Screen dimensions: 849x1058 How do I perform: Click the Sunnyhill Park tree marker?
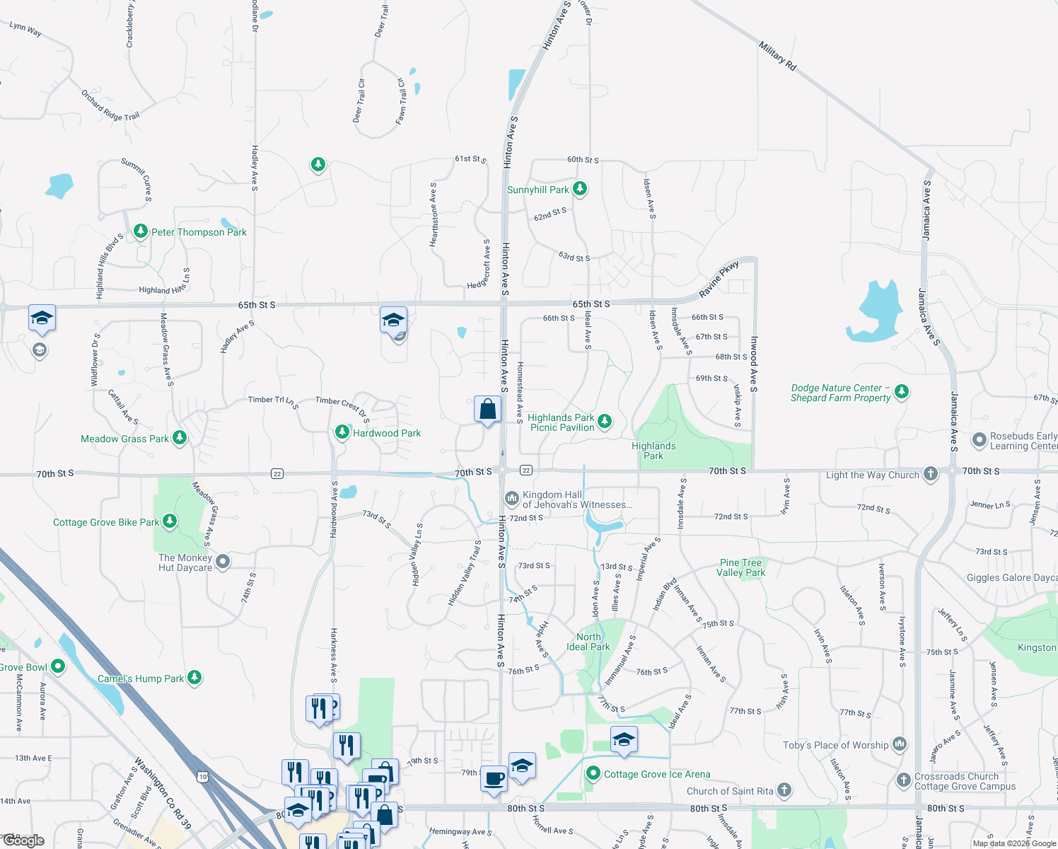pyautogui.click(x=580, y=188)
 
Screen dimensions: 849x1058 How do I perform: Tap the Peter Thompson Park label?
pyautogui.click(x=199, y=232)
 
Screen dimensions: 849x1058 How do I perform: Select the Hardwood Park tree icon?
pyautogui.click(x=342, y=432)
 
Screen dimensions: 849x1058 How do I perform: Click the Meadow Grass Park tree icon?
pyautogui.click(x=180, y=438)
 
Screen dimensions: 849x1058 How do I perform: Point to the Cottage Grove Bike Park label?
pyautogui.click(x=106, y=523)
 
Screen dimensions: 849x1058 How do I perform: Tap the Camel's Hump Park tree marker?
pyautogui.click(x=194, y=677)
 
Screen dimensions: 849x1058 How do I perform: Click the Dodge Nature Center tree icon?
pyautogui.click(x=901, y=391)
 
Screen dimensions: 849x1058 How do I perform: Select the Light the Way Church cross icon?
pyautogui.click(x=931, y=474)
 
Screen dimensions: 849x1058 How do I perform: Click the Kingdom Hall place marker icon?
pyautogui.click(x=511, y=499)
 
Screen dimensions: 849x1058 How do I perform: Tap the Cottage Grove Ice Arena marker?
pyautogui.click(x=593, y=773)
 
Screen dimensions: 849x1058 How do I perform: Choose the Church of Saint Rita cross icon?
pyautogui.click(x=784, y=790)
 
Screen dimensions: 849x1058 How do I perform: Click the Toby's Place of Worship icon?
pyautogui.click(x=899, y=744)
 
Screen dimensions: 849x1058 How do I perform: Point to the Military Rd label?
pyautogui.click(x=777, y=56)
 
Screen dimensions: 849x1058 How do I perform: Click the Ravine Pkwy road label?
pyautogui.click(x=719, y=279)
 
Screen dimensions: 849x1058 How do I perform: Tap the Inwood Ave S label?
pyautogui.click(x=754, y=364)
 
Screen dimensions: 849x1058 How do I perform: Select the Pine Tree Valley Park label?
pyautogui.click(x=740, y=567)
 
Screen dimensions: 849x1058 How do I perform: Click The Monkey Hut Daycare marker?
pyautogui.click(x=223, y=562)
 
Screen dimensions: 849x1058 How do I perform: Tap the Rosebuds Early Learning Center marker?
pyautogui.click(x=979, y=440)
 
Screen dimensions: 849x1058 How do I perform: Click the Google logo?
pyautogui.click(x=24, y=841)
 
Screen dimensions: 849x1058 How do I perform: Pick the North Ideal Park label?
pyautogui.click(x=588, y=642)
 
